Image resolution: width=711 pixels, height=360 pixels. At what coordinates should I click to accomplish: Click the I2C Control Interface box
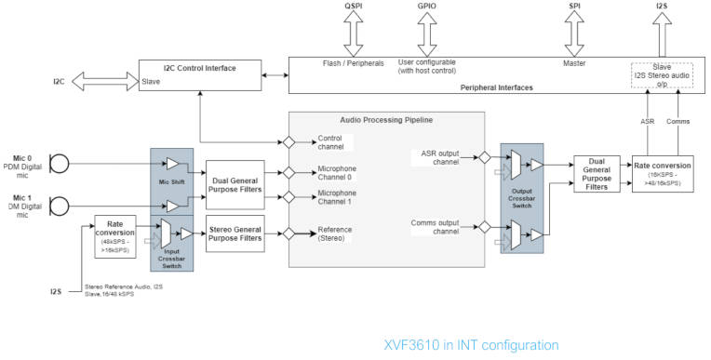coord(199,74)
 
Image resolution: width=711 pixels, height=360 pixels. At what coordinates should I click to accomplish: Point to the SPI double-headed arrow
coord(574,37)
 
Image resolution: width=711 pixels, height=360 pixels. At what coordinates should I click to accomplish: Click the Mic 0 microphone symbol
coord(59,165)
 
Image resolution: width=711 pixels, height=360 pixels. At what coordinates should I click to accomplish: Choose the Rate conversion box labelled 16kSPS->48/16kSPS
coord(664,173)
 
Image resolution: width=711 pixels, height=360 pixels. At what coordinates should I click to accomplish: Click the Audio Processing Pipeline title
coord(387,121)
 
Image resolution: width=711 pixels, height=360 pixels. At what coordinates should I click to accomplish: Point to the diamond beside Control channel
coord(289,142)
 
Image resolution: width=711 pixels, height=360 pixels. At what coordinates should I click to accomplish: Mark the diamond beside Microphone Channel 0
coord(289,173)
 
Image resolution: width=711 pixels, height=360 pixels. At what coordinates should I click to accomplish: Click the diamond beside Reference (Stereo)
coord(289,234)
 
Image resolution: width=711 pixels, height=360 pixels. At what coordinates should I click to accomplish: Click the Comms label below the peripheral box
coord(677,121)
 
